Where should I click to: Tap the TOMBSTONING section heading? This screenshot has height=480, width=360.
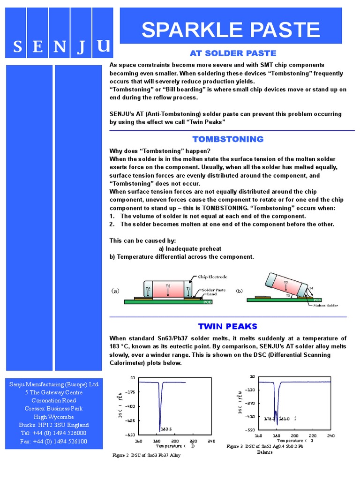point(228,139)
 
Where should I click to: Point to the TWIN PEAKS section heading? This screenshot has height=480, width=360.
point(228,326)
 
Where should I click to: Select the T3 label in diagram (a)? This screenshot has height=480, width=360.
point(168,286)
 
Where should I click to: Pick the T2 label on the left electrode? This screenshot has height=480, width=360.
point(148,289)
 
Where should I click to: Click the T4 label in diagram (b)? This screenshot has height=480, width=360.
point(311,288)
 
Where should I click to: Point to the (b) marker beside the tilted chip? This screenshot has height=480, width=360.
point(240,291)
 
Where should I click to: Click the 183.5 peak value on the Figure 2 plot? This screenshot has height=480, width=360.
point(166,428)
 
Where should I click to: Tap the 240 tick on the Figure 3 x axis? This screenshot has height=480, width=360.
point(330,435)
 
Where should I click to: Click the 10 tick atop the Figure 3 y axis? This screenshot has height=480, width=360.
point(252,376)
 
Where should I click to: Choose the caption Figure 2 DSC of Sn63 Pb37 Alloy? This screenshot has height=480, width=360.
point(147,455)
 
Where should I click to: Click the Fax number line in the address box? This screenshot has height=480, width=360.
point(53,441)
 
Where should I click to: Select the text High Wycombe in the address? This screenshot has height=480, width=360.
point(53,417)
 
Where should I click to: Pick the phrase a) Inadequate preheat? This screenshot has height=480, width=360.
point(190,249)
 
